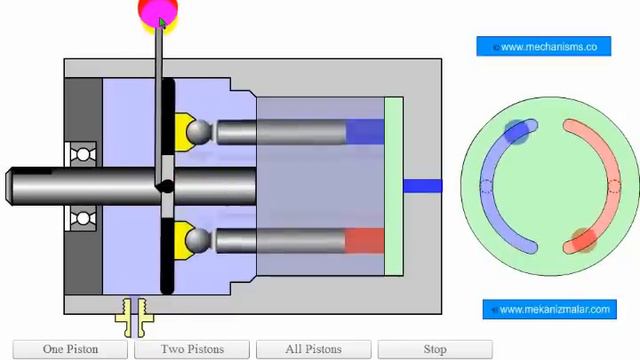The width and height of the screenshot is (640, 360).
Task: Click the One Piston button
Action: [70, 349]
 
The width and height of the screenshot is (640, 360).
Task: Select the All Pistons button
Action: [313, 349]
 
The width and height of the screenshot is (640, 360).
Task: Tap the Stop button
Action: [435, 349]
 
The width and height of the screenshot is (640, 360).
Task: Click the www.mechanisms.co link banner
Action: [544, 47]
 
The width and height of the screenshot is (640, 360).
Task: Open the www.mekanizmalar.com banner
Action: [549, 309]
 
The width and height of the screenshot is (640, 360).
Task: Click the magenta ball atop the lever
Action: [158, 11]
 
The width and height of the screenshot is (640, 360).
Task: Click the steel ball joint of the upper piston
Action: [199, 132]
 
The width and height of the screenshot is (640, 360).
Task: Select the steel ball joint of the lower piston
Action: [198, 240]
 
